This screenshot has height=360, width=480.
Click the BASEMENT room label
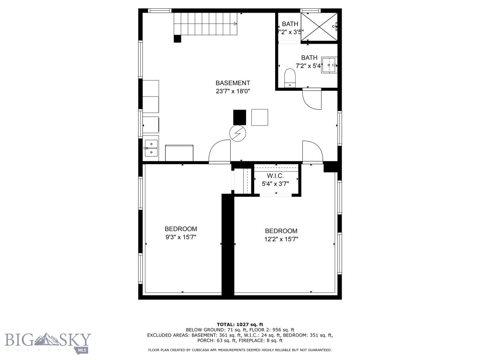coord(232,83)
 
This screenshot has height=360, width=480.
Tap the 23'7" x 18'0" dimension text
coord(233,91)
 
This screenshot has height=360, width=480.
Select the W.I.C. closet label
coord(275,176)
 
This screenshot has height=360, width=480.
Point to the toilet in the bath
coord(290,78)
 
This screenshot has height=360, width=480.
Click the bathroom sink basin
coord(329,65)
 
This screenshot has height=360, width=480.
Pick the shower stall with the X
coord(319,27)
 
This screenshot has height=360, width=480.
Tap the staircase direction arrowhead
coord(235,23)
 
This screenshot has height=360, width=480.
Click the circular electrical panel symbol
coord(238,134)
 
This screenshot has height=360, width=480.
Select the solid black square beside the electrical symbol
coord(240,117)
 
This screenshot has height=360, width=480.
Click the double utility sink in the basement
coord(151,148)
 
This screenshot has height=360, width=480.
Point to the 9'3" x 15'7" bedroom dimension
coord(181,237)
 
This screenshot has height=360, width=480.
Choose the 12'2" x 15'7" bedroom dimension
coord(281,239)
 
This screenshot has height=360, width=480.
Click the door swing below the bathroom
coord(312,98)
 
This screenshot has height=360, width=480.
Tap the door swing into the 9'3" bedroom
coord(219,150)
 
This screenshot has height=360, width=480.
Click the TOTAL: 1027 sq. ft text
coord(240,324)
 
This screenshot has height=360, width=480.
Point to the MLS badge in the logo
coord(82,350)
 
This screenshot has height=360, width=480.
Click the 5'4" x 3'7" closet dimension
coord(275,184)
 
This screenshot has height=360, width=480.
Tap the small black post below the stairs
coord(178,39)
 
